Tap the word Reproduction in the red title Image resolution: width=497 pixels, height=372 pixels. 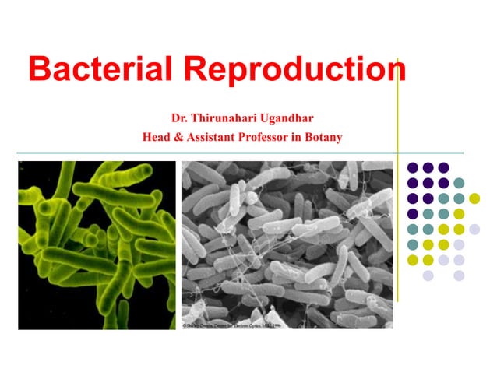pyautogui.click(x=297, y=72)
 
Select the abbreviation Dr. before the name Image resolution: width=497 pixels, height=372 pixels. pyautogui.click(x=181, y=119)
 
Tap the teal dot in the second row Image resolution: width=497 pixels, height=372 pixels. pyautogui.click(x=459, y=183)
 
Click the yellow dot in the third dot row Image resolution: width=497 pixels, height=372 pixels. pyautogui.click(x=474, y=198)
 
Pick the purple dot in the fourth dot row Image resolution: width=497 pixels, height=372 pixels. pyautogui.click(x=413, y=213)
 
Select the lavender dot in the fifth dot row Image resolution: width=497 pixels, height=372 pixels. pyautogui.click(x=474, y=229)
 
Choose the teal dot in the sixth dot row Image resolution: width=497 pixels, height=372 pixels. pyautogui.click(x=413, y=244)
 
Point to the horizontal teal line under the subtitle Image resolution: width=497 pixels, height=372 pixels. pyautogui.click(x=234, y=153)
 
